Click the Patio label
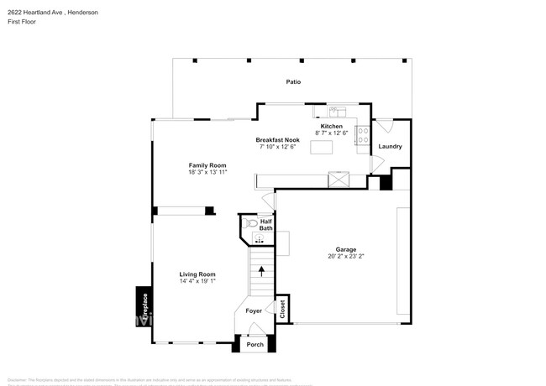(293, 82)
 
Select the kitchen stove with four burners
(363, 135)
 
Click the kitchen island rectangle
(322, 148)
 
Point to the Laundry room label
(390, 147)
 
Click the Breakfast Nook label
(277, 140)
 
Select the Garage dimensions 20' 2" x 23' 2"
(346, 257)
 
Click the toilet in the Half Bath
(249, 223)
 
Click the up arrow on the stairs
(261, 271)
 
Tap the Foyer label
(254, 311)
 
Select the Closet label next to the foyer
(282, 308)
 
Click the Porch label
(255, 344)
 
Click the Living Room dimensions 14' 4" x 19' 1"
(197, 281)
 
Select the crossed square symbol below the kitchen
(339, 178)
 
